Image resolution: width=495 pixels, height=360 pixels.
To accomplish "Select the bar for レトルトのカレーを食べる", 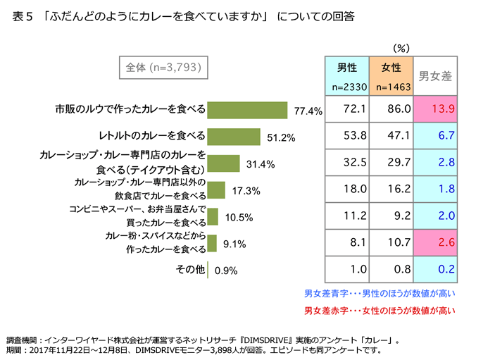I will [x=235, y=136].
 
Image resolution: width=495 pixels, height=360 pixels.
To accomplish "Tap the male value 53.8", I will [x=346, y=136].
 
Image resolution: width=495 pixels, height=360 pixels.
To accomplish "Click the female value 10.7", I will [x=391, y=243].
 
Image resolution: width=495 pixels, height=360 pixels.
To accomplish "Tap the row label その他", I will [x=189, y=270].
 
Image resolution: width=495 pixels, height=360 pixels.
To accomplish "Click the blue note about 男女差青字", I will [x=380, y=292].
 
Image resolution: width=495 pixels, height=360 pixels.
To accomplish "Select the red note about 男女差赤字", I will [x=380, y=310].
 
